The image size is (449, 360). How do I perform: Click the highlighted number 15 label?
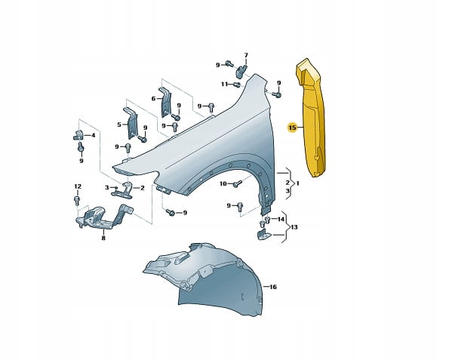(292, 128)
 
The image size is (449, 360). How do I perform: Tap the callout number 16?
(273, 287)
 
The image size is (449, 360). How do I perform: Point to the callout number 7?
(246, 55)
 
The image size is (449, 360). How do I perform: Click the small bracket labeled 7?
(241, 71)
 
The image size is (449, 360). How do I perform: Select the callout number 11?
(224, 84)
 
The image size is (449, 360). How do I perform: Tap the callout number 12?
(78, 186)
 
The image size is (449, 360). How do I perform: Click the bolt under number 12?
(77, 200)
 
